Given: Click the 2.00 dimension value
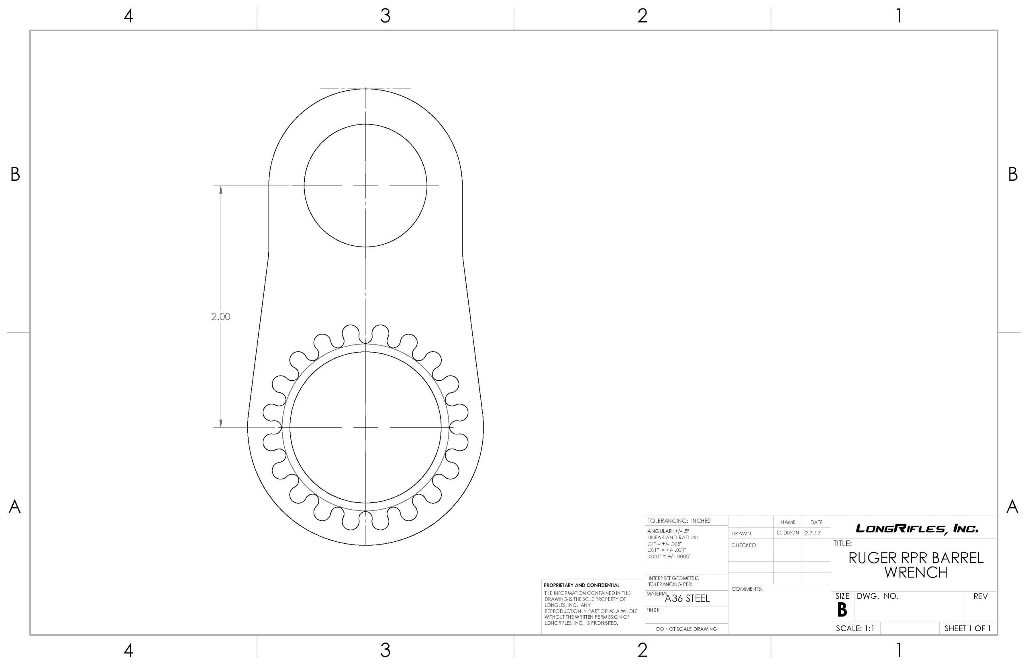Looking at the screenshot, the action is point(220,316).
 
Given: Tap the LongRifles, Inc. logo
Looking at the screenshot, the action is point(917,528).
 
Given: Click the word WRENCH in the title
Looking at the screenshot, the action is point(916,573).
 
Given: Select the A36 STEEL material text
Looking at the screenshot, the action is point(687,598).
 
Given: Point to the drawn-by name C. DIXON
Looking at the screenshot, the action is point(787,533).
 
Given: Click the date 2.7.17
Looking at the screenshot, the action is point(812,533).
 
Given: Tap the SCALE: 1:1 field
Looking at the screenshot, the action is point(855,628).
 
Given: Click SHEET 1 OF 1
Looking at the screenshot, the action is point(967,628).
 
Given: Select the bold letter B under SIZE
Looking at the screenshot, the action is point(842,610).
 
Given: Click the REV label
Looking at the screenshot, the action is point(981,596).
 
